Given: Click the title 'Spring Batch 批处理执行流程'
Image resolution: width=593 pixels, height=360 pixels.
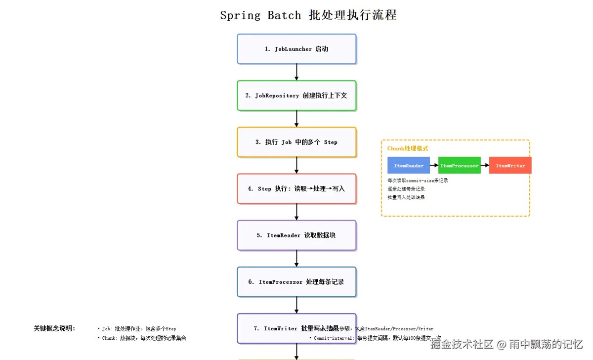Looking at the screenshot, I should point(308,15).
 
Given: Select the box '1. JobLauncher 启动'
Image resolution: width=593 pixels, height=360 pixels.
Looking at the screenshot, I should point(296,49).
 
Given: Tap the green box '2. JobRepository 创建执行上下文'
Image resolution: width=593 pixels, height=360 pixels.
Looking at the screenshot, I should point(296,95).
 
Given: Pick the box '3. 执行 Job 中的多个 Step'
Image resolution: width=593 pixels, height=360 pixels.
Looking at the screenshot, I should point(296,142).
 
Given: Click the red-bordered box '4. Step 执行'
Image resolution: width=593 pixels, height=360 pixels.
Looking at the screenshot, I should point(296,188).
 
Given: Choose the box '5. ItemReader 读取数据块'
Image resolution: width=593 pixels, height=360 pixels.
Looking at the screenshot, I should point(296,235).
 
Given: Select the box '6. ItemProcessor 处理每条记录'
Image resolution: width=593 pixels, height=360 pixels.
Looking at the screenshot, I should point(296,282).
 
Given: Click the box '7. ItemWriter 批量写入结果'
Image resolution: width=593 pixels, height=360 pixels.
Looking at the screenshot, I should point(296,328).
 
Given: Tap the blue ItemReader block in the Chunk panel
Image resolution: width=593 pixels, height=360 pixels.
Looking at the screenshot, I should point(409,166).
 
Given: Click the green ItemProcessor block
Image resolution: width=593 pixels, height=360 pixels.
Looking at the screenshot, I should point(460,166).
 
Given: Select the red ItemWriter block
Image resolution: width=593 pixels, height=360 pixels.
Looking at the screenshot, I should point(510,166).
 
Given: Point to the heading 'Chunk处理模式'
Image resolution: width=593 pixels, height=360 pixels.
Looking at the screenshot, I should point(408,148).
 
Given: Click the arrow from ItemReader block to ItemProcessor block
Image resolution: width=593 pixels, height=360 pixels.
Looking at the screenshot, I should point(434,166).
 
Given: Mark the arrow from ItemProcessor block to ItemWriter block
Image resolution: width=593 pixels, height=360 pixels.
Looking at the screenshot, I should point(485,166).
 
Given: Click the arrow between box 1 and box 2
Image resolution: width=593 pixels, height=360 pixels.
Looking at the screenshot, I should point(296,72).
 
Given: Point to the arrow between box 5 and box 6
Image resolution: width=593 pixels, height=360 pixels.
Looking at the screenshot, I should point(296,259).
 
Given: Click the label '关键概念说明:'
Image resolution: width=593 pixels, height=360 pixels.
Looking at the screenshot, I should point(54,328).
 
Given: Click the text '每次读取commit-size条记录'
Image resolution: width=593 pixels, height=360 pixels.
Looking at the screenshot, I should point(418,180).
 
